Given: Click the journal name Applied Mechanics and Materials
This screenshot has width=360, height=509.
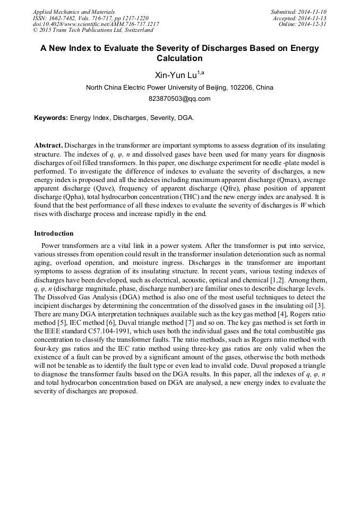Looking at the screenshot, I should [x=73, y=12].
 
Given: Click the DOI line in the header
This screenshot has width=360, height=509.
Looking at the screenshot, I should [x=96, y=24].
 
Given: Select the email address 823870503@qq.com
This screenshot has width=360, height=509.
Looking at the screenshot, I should [x=179, y=99].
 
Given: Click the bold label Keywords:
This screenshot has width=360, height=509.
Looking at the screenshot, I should [x=51, y=118].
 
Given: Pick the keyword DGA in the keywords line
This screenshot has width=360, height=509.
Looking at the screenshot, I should [x=185, y=118].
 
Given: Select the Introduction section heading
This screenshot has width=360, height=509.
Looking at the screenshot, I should [x=54, y=234].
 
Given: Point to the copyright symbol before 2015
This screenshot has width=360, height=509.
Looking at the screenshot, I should [x=35, y=30].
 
